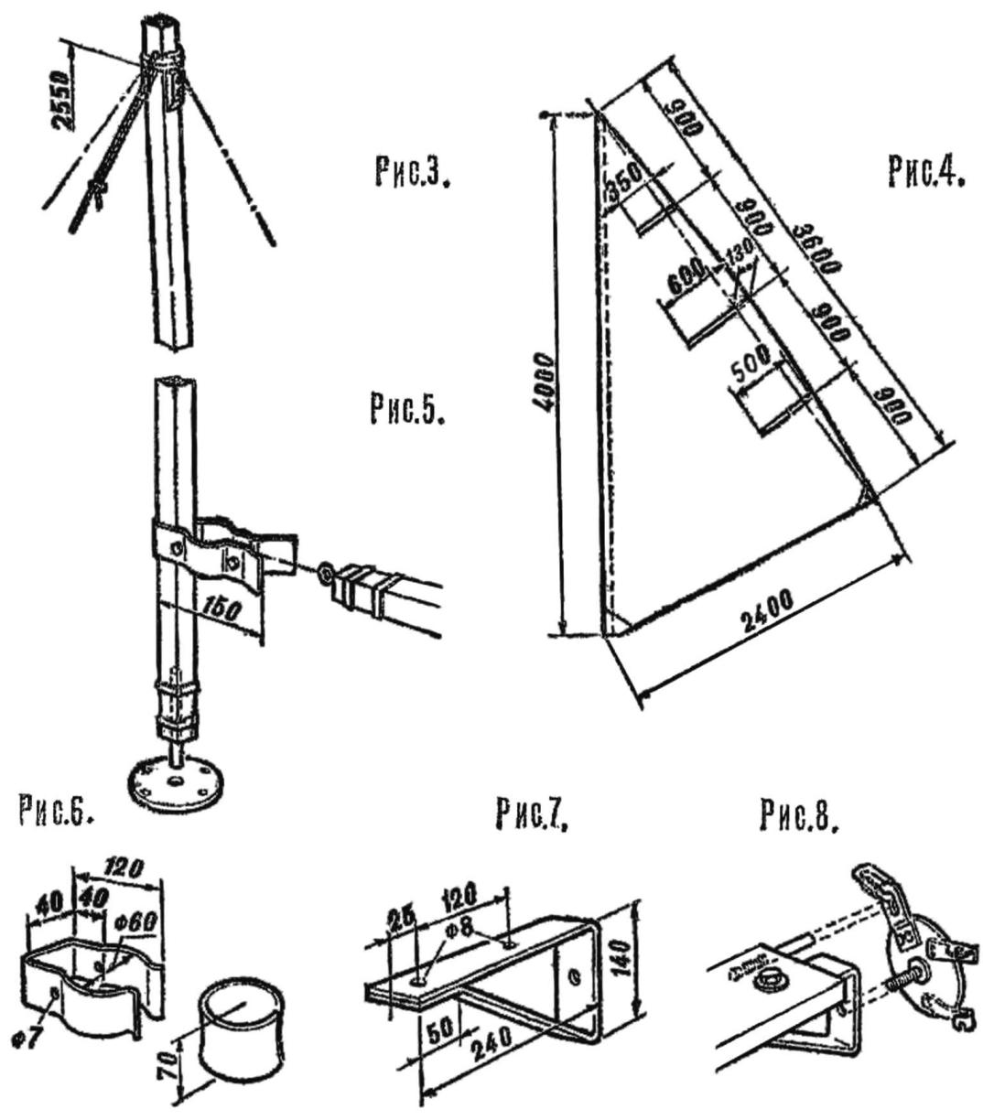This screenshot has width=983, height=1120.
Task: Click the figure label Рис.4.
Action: [925, 170]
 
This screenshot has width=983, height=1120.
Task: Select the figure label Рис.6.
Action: [57, 813]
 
